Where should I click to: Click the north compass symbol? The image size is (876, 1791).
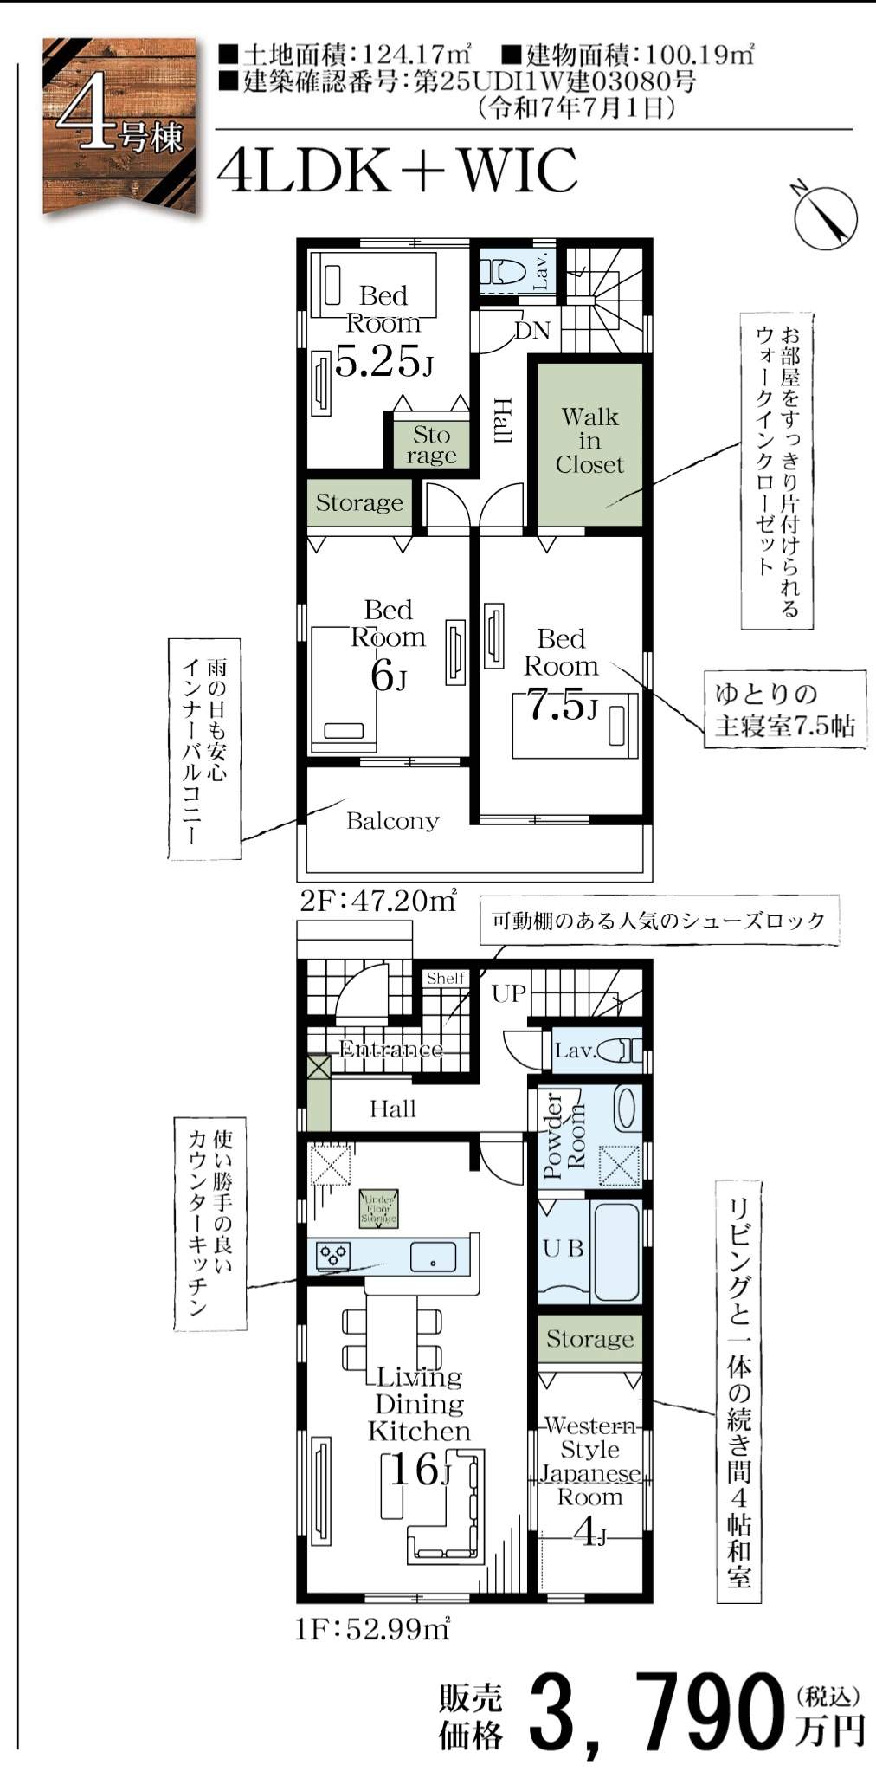825,217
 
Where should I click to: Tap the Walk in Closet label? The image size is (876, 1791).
589,441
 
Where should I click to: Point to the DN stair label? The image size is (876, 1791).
531,330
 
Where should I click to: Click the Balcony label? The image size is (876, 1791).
392,821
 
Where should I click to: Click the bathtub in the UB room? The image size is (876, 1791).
616,1248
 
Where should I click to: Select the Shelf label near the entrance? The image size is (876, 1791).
446,979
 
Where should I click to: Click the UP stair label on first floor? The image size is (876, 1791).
509,993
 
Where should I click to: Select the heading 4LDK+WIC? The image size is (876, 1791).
396,171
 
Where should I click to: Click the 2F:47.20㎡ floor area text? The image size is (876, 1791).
377,902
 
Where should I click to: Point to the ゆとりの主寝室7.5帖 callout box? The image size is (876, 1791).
784,708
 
